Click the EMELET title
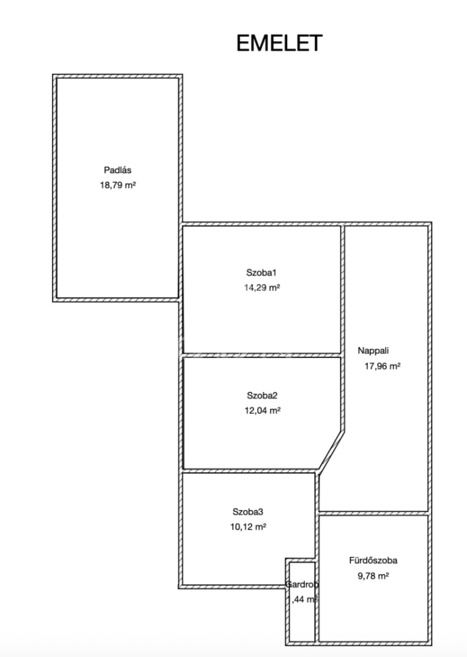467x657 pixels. click(x=279, y=43)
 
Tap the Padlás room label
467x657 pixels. click(x=118, y=170)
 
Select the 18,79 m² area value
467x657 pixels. click(x=118, y=185)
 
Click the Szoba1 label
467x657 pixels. click(x=261, y=273)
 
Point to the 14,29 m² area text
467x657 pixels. click(x=262, y=287)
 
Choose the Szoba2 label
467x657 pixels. click(x=262, y=396)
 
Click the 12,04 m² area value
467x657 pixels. click(x=263, y=410)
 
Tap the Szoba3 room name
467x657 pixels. click(x=248, y=512)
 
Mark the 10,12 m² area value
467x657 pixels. click(x=248, y=527)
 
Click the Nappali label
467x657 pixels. click(x=373, y=350)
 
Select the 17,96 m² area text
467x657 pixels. click(x=383, y=366)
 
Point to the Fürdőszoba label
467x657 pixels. click(x=373, y=560)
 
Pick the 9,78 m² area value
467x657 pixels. click(x=373, y=576)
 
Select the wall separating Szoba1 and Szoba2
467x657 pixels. click(x=262, y=355)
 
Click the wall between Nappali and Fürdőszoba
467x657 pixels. click(x=373, y=513)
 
